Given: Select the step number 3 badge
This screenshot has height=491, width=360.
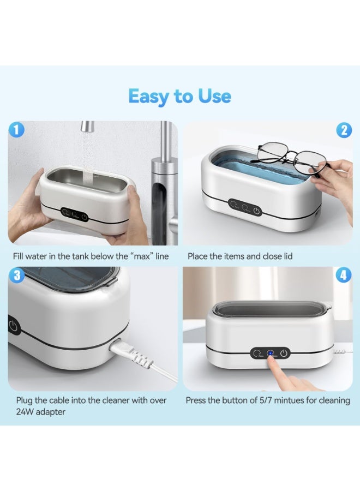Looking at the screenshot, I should point(17,275).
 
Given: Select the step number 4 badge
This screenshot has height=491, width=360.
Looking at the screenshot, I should point(343,275).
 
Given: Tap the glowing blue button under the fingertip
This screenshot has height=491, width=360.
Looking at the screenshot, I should point(269,353).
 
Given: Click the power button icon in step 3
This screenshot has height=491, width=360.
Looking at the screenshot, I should point(13,327).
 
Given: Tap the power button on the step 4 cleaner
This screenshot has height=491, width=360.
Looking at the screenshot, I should point(283,353).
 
